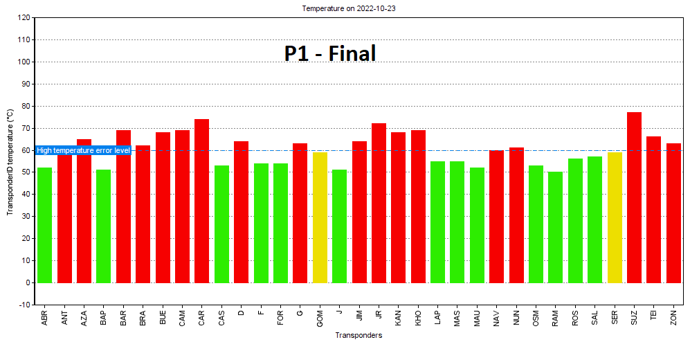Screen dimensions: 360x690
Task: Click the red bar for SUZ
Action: click(x=634, y=197)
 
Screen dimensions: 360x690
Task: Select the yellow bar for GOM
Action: click(x=320, y=217)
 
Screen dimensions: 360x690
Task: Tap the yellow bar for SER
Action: click(x=615, y=217)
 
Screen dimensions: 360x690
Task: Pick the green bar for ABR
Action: click(x=44, y=225)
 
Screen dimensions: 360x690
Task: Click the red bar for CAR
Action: click(x=201, y=201)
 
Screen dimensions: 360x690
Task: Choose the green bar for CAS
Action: click(x=221, y=224)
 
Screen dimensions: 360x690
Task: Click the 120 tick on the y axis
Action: click(x=24, y=18)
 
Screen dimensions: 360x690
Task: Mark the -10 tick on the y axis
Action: click(x=24, y=305)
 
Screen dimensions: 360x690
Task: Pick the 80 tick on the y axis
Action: click(x=26, y=107)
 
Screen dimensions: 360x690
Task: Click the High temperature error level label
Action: click(x=83, y=150)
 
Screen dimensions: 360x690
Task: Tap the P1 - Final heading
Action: click(x=330, y=53)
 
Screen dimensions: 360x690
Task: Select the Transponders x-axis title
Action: click(x=358, y=336)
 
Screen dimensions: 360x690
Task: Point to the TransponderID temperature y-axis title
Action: click(x=10, y=161)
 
